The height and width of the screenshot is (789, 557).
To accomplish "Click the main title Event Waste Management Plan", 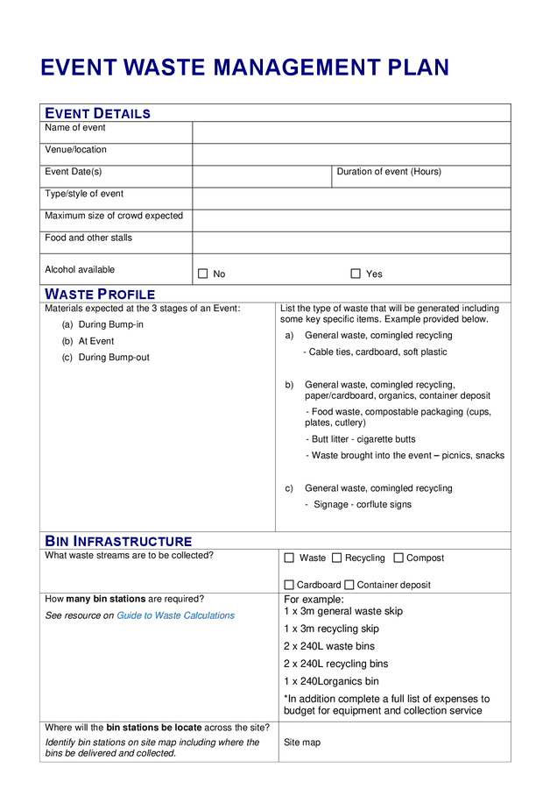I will [244, 68].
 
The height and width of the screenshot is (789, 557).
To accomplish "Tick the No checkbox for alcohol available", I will [202, 274].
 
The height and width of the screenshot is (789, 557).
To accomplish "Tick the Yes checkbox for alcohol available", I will [356, 274].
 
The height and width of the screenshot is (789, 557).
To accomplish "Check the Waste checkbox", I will [289, 558].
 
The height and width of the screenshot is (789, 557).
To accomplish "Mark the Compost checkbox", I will [398, 558].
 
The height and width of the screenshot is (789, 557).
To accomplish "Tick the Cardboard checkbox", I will [289, 585].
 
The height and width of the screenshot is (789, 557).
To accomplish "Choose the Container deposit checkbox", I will [349, 585].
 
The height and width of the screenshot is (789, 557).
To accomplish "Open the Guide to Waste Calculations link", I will [175, 615].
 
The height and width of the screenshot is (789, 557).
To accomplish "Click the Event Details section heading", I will [97, 113].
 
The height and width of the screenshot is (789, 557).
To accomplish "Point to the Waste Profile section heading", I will [100, 294].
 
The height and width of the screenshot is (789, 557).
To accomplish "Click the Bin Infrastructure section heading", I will [118, 541].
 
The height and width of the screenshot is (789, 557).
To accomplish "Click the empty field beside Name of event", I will [350, 132].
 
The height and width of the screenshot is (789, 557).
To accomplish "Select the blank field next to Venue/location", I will [350, 154].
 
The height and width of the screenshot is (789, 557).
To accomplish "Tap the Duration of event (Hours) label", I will [389, 172].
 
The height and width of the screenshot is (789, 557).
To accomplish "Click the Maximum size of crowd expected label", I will [114, 216].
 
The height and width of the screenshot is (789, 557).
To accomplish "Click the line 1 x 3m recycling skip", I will [331, 629].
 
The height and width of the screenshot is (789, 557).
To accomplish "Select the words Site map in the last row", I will [302, 743].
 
